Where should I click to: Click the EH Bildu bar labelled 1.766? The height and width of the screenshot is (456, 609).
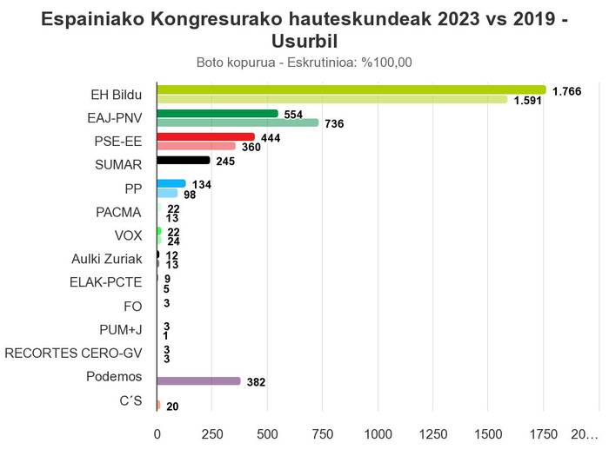[351, 89]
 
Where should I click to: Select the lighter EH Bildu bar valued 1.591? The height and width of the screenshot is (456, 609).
[331, 100]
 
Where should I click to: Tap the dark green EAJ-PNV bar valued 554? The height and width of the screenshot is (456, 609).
[217, 114]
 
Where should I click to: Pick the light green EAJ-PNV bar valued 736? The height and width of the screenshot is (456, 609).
[238, 123]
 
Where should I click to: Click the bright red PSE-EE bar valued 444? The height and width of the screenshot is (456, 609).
[205, 137]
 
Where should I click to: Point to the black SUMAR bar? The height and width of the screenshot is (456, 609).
[184, 161]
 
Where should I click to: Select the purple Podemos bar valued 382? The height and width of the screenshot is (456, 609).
[198, 381]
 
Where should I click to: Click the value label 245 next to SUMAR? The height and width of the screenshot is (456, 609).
[226, 162]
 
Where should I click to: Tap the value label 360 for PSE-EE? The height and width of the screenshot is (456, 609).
[251, 147]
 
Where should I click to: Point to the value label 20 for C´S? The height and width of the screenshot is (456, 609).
[172, 406]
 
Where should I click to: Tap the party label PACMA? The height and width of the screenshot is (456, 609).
[118, 212]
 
